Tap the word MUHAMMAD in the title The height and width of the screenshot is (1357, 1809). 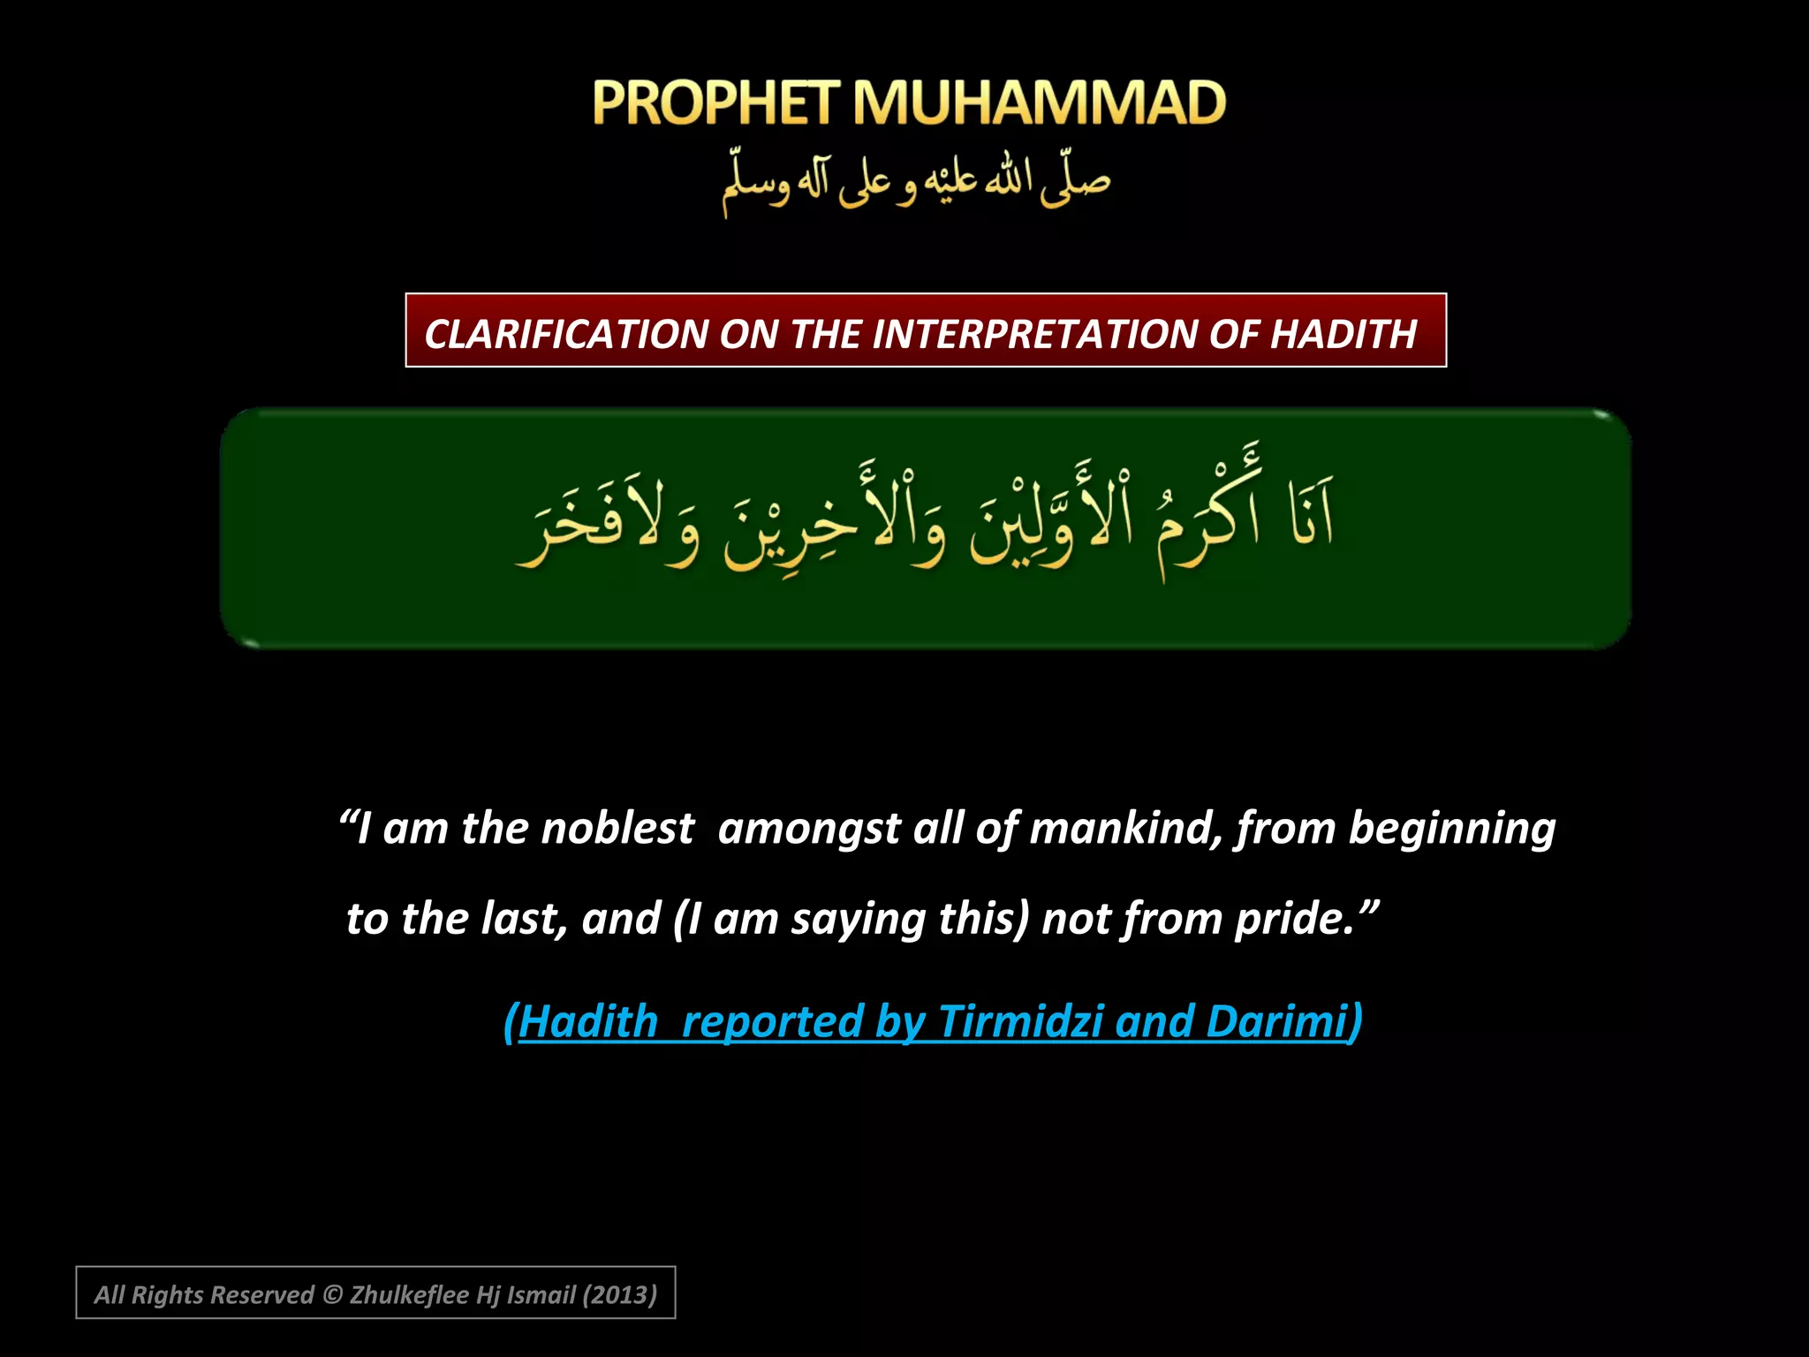tap(1039, 103)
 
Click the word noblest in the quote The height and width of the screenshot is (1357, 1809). tap(617, 829)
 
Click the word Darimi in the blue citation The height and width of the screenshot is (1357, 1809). tap(1276, 1021)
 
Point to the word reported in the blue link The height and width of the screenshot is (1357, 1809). tap(771, 1021)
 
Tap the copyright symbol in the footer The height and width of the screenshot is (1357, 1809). tap(332, 1295)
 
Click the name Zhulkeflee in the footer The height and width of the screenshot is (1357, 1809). tap(410, 1295)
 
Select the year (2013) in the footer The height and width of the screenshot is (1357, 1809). tap(619, 1295)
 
